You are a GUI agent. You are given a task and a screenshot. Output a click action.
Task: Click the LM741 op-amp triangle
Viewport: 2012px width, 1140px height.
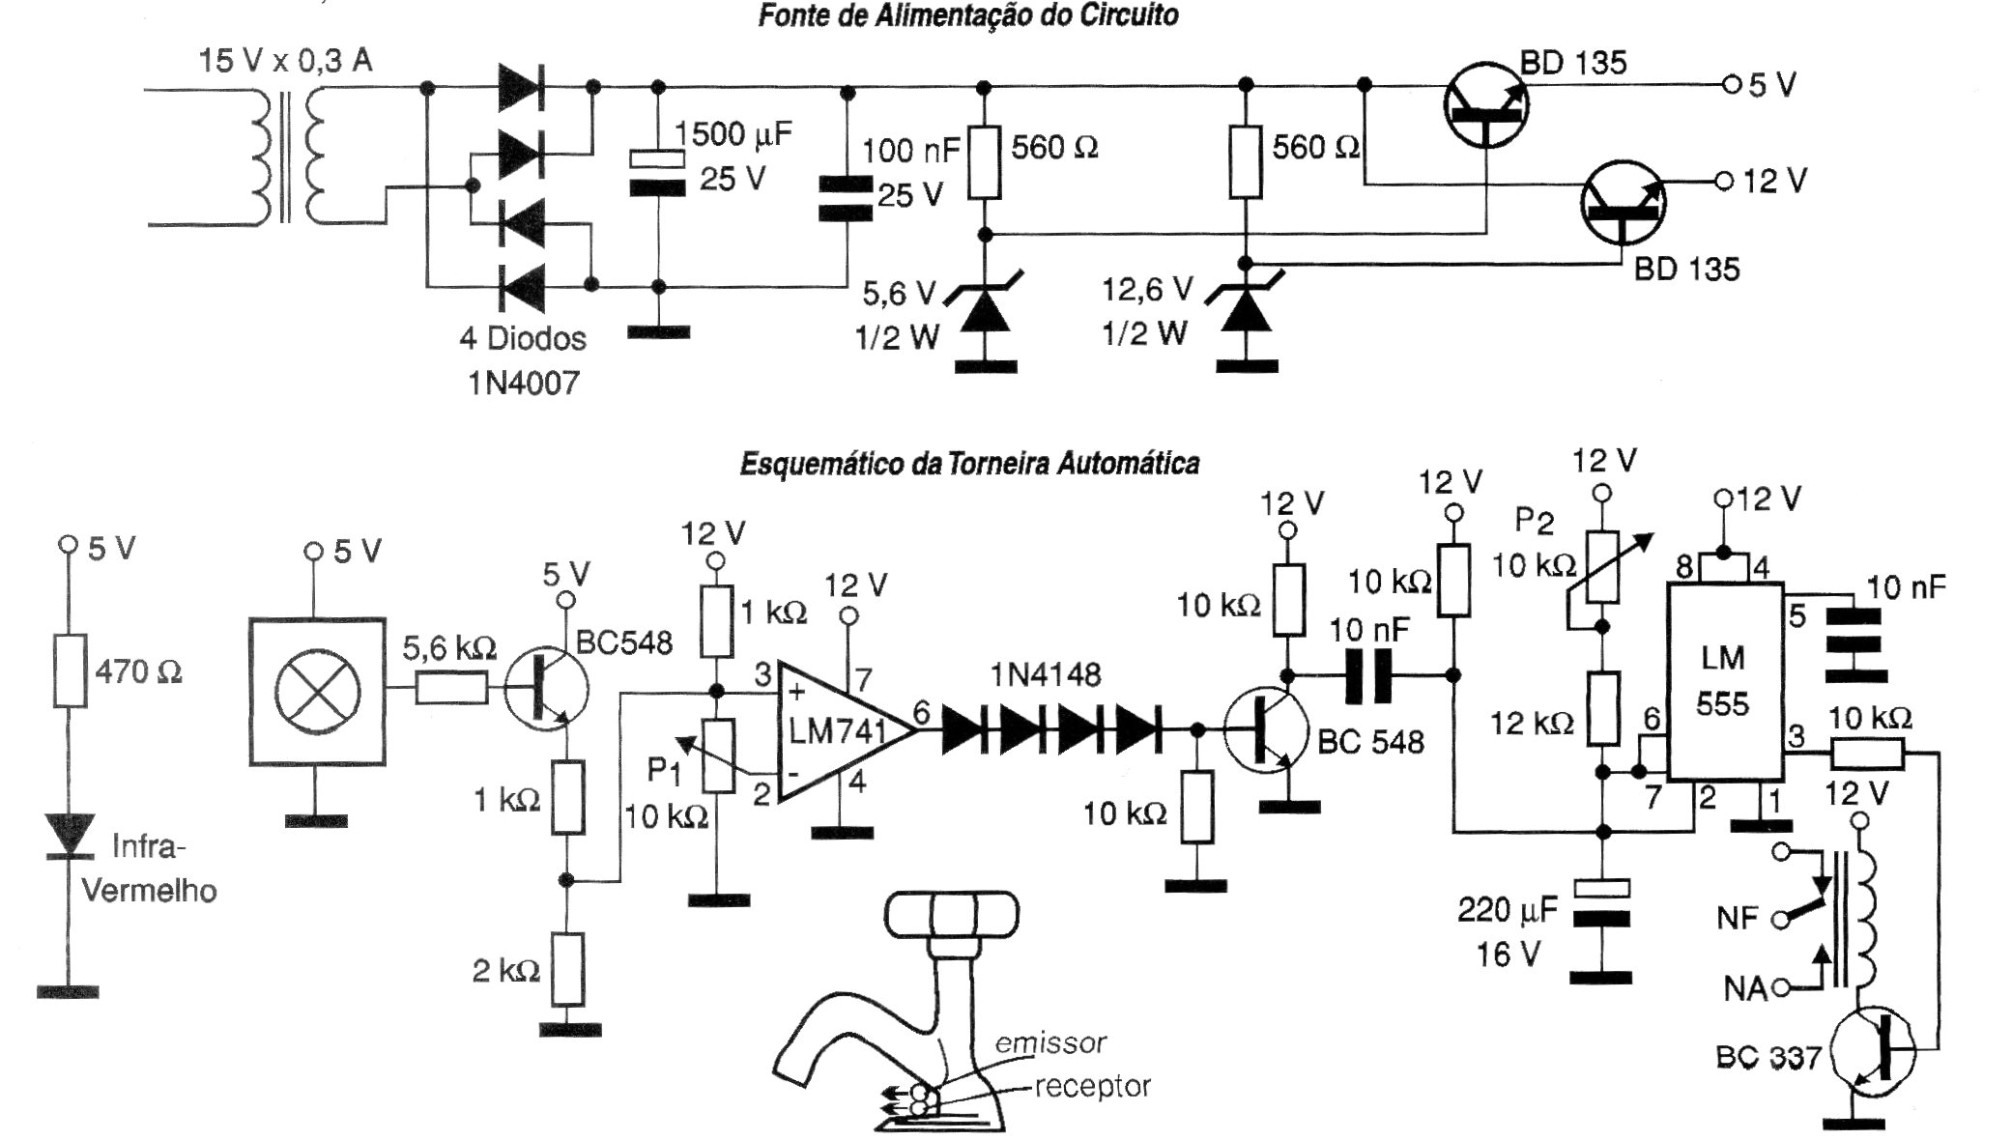point(836,731)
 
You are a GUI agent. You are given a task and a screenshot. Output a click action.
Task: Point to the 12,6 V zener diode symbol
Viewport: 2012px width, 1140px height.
point(1246,311)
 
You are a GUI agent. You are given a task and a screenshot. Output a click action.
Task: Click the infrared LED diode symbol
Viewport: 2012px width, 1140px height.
point(69,836)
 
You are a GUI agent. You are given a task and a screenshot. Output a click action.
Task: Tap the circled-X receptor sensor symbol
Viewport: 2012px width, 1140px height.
point(317,691)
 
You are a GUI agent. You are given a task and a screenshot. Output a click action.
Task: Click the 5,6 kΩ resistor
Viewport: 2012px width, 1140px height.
point(451,689)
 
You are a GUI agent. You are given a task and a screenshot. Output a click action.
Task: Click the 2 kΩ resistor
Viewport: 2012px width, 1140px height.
point(568,969)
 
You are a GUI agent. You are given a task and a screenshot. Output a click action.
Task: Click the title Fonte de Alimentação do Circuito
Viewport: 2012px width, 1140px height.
point(967,16)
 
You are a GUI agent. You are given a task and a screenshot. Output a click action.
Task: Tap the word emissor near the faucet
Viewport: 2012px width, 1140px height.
point(1049,1043)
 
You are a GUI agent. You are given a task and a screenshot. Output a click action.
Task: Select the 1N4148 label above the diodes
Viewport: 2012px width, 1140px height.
point(1046,674)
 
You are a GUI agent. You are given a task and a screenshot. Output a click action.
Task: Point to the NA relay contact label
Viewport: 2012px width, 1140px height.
point(1744,988)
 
